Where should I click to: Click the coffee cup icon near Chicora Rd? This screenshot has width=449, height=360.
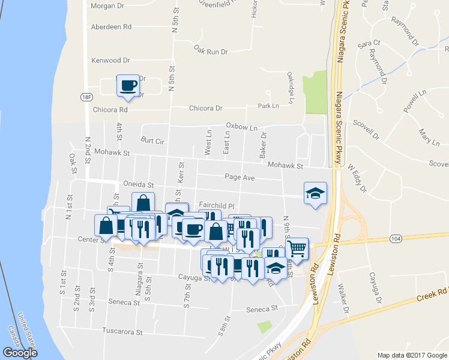[x=127, y=85]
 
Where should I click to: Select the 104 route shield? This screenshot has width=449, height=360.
[x=378, y=238]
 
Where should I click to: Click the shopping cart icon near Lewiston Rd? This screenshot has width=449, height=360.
[x=297, y=247]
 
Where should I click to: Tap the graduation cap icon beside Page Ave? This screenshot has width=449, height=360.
[x=315, y=193]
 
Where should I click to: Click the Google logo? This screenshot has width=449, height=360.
[x=20, y=353]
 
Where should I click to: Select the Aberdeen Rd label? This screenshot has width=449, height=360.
[x=110, y=27]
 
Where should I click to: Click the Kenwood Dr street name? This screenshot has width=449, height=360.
[x=110, y=61]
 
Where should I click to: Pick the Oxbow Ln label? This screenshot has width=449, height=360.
[x=241, y=127]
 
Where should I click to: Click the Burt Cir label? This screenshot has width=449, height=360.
[x=152, y=141]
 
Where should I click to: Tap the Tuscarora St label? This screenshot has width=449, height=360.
[x=122, y=331]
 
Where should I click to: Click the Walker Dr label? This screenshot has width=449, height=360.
[x=344, y=299]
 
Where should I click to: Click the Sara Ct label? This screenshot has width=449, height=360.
[x=369, y=44]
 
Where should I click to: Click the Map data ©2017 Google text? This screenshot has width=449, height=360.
[x=411, y=355]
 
